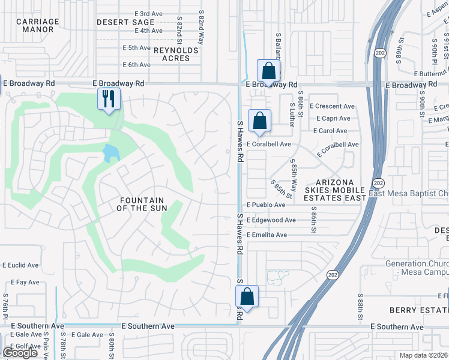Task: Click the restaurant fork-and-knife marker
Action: click(109, 99)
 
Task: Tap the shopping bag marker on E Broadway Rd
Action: click(268, 70)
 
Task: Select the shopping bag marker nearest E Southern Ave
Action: click(247, 296)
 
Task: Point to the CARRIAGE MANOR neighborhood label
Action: click(38, 25)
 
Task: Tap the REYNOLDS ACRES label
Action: click(175, 54)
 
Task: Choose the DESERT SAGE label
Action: click(125, 22)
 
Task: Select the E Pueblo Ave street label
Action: click(266, 205)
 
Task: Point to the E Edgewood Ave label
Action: click(271, 220)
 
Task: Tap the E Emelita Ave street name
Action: click(267, 235)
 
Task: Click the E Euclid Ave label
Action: click(20, 265)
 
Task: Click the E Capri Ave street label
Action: click(332, 118)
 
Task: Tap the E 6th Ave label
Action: click(136, 65)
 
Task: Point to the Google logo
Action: click(20, 353)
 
